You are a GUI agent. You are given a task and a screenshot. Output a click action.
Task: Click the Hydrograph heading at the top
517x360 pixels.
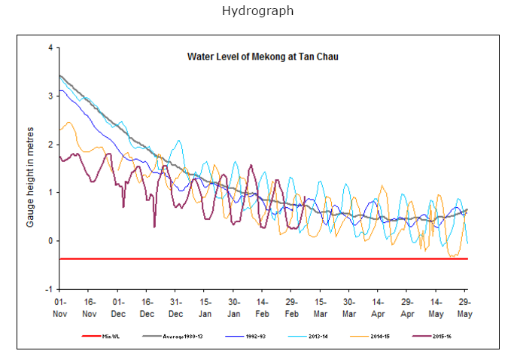(x=258, y=11)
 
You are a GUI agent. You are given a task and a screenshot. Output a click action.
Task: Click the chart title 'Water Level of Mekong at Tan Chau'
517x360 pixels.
(x=263, y=56)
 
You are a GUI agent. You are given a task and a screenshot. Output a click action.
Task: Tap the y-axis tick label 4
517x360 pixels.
(x=50, y=47)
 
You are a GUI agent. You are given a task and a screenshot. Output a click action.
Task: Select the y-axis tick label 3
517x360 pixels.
(x=50, y=96)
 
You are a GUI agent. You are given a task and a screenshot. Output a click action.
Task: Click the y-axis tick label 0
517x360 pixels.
(x=50, y=241)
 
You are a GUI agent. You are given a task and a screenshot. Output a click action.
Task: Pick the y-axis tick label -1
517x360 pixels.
(x=50, y=289)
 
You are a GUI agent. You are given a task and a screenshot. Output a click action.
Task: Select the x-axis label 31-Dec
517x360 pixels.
(x=175, y=307)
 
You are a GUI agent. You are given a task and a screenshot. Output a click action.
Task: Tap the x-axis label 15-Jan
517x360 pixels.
(x=205, y=307)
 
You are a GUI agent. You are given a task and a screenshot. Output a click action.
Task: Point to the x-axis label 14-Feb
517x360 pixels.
(x=263, y=307)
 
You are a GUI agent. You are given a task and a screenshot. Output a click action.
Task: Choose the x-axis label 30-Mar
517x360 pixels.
(x=349, y=307)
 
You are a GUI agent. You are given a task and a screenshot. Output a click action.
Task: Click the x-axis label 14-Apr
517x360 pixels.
(x=378, y=307)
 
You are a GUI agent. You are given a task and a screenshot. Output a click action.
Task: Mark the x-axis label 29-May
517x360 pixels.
(x=465, y=307)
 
